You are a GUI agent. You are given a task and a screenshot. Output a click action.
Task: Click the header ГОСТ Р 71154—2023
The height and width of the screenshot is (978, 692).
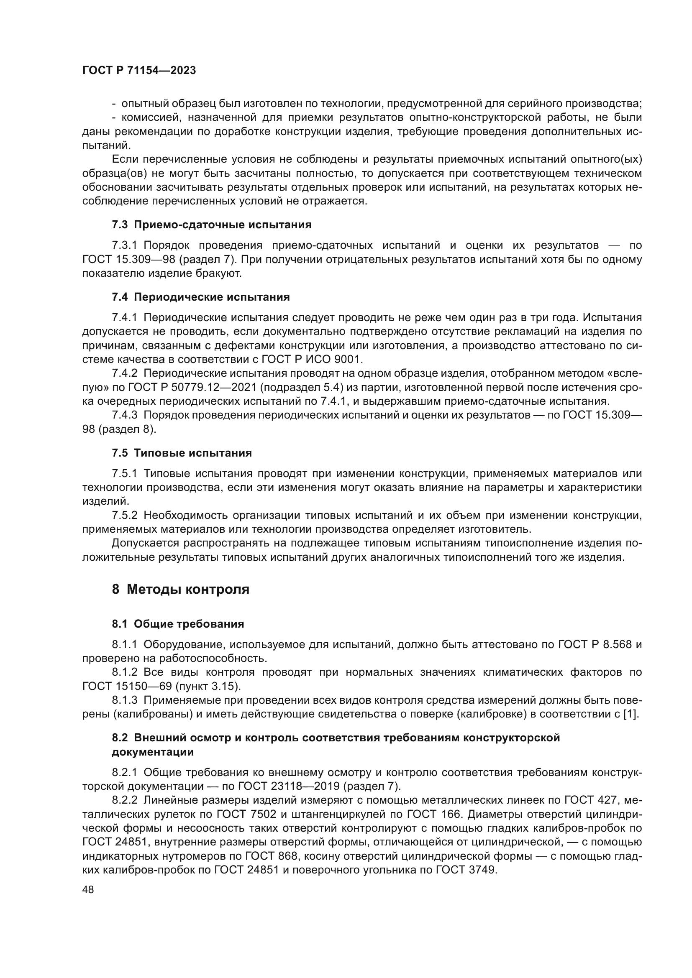[x=139, y=71]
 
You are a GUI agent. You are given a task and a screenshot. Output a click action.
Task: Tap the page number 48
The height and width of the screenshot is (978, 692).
[x=88, y=889]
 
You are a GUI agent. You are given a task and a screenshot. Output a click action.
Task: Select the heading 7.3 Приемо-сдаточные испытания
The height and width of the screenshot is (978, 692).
[x=211, y=225]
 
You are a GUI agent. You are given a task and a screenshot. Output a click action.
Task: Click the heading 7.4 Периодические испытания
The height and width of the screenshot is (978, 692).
[x=201, y=297]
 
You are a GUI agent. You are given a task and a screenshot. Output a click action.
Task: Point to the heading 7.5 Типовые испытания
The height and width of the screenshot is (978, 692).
[x=182, y=453]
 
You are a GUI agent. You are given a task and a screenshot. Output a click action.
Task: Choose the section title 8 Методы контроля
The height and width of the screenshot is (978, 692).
[x=180, y=590]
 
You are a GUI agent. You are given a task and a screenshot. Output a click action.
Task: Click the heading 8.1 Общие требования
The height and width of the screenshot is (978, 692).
[x=178, y=624]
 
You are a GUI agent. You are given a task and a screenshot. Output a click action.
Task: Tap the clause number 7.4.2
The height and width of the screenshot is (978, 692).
[x=124, y=373]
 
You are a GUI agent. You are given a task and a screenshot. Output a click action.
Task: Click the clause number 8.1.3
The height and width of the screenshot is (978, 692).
[x=124, y=700]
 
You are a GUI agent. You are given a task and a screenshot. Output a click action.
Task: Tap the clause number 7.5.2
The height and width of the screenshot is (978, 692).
[x=124, y=516]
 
